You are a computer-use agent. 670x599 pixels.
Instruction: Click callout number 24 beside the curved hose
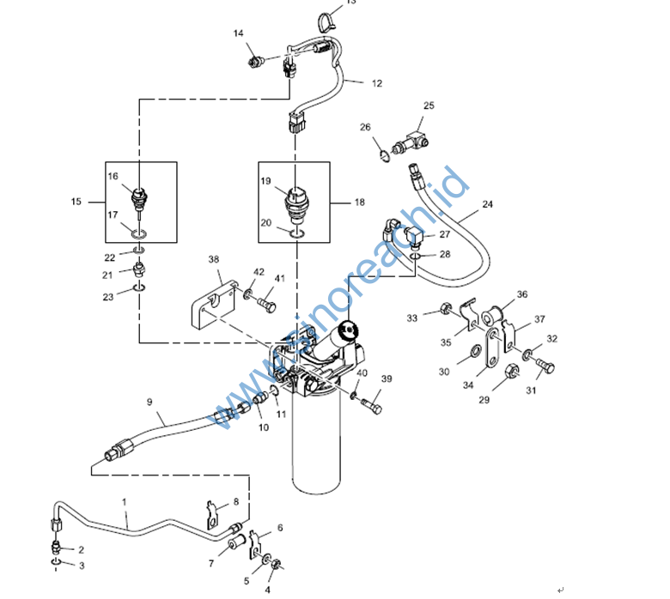[x=488, y=204]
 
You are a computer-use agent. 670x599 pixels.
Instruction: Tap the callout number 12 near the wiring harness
[x=377, y=83]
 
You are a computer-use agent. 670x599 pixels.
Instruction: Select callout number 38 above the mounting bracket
[x=214, y=259]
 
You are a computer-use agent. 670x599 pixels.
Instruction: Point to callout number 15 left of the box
[x=76, y=202]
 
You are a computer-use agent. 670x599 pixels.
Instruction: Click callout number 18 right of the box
[x=360, y=202]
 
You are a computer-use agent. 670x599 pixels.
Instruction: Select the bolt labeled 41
[x=266, y=305]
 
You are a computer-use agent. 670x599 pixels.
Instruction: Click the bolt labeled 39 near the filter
[x=372, y=405]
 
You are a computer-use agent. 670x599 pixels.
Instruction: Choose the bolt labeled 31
[x=545, y=366]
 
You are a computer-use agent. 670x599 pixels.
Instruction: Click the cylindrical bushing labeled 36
[x=493, y=317]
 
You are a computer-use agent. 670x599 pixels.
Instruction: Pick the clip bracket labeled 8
[x=212, y=516]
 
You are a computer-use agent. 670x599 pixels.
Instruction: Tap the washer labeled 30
[x=475, y=352]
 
